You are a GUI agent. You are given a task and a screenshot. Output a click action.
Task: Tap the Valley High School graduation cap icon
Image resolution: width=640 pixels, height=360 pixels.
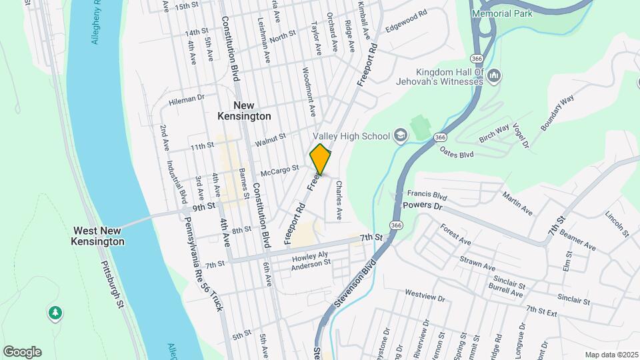click(400, 136)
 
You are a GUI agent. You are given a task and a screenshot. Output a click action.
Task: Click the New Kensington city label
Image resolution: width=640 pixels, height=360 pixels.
click(244, 111)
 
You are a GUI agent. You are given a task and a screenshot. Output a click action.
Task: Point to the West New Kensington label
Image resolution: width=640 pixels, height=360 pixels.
click(99, 235)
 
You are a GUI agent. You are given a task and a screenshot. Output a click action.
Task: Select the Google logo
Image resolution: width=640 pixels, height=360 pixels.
click(22, 351)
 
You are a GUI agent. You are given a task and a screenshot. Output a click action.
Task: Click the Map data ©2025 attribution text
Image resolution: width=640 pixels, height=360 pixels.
click(611, 355)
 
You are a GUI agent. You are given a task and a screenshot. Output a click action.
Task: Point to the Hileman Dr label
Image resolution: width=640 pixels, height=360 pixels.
click(186, 99)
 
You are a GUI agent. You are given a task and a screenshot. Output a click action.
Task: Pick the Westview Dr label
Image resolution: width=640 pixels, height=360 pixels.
click(425, 293)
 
